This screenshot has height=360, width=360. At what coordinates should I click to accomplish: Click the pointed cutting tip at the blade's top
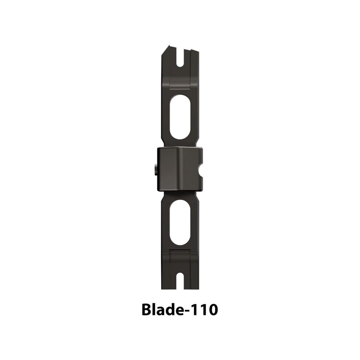169,45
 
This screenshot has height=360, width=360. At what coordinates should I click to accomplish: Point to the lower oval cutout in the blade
180,223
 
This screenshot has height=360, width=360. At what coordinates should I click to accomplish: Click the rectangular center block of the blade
180,169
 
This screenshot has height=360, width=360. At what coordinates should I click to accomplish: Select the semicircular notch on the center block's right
200,170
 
